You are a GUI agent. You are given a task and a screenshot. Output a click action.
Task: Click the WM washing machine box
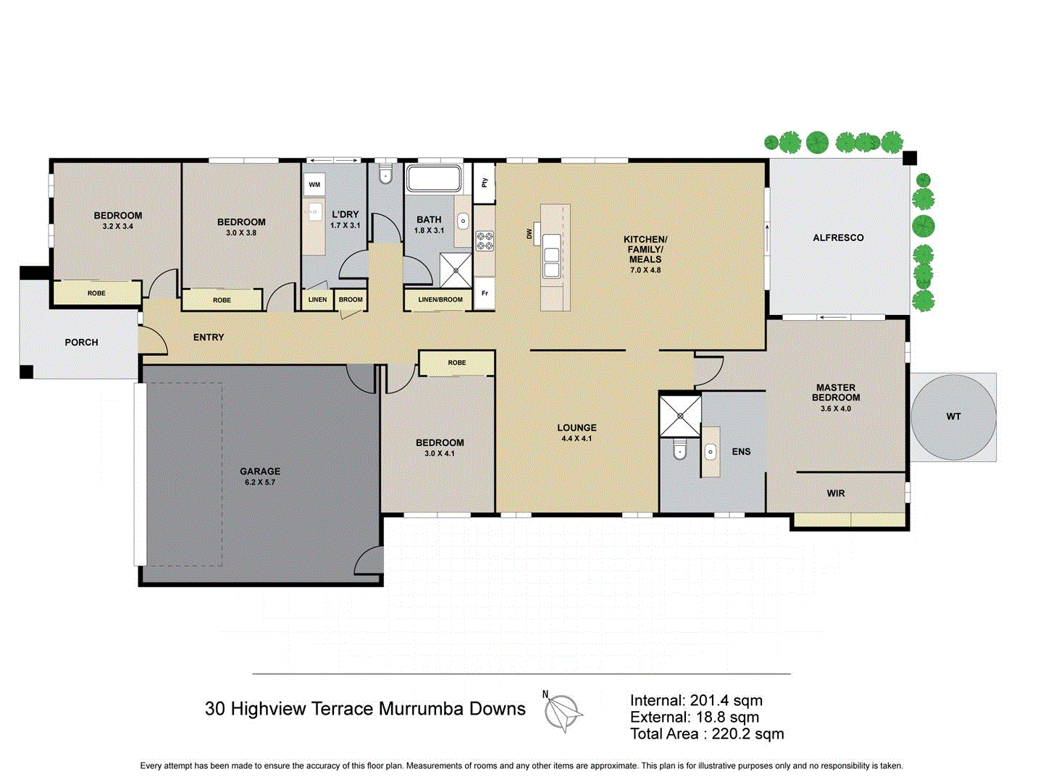pos(314,185)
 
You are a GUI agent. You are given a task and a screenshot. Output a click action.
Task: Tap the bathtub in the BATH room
pos(433,179)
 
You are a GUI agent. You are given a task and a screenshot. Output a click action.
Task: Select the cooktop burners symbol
pos(485,240)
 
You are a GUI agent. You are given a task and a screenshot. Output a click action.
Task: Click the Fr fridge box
pos(485,293)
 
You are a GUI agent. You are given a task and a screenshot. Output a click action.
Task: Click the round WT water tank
pos(953,416)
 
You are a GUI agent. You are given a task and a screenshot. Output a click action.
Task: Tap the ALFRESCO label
pos(838,237)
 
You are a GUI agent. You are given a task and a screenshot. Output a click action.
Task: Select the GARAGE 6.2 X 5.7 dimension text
pos(259,482)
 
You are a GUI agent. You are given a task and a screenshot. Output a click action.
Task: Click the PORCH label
pos(81,342)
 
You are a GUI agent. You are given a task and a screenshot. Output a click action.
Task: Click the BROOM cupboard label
pos(351,300)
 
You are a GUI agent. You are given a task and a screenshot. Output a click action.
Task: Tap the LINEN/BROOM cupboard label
pos(440,300)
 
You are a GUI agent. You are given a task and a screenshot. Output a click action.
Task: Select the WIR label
pos(836,493)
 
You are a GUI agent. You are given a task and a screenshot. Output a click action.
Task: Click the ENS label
pos(741,452)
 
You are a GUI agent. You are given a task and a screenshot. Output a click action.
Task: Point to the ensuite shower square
pos(680,416)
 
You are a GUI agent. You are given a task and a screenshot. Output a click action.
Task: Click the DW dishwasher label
pos(529,234)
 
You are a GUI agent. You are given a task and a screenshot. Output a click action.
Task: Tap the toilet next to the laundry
pos(385,175)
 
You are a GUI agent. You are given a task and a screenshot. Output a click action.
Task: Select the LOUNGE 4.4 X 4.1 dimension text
pos(577,439)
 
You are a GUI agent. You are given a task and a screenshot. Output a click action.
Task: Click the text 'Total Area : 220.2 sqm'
pos(706,734)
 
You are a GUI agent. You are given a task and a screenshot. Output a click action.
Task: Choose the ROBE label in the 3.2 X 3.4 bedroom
pos(96,293)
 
